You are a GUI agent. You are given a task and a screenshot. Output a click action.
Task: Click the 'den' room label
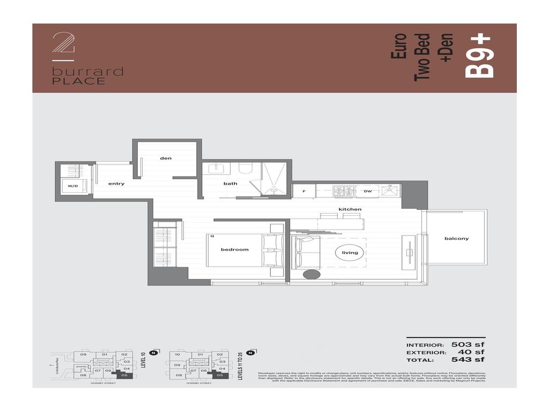tap(165, 158)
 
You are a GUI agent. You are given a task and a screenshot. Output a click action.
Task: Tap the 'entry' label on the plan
tap(116, 184)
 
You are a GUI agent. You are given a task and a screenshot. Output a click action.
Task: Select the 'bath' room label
tap(231, 184)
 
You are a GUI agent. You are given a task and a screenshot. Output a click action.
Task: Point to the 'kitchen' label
tap(350, 209)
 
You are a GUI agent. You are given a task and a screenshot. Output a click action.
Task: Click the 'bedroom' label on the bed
tap(235, 249)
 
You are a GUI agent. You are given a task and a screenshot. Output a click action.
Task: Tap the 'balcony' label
tap(456, 239)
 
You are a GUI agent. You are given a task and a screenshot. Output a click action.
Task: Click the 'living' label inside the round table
tap(350, 253)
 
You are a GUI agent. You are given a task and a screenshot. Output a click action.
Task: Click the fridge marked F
tap(303, 191)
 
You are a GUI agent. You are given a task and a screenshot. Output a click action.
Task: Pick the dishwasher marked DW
tap(368, 191)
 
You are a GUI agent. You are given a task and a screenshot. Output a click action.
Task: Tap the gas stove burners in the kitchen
tap(342, 191)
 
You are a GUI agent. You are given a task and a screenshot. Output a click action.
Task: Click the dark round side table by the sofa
tap(311, 275)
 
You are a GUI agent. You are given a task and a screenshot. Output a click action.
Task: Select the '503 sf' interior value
tap(468, 345)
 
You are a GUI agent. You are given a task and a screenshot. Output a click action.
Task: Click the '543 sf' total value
tap(468, 360)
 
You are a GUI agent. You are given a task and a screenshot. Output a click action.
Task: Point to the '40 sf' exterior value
tap(472, 352)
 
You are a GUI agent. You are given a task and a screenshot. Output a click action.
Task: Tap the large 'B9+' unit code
tap(478, 56)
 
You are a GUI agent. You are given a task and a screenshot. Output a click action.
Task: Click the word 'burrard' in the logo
tap(88, 72)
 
